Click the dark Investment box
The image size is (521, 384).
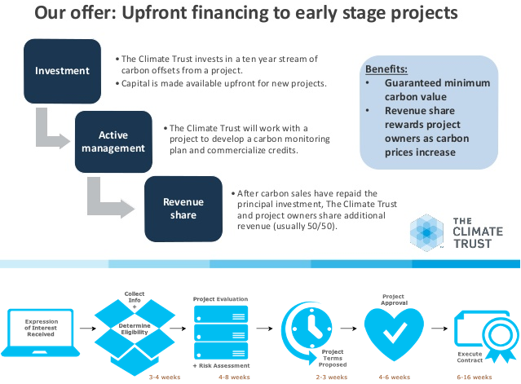point(62,71)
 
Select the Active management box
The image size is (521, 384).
point(113,142)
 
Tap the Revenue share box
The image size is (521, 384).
point(183,209)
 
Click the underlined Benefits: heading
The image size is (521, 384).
point(386,69)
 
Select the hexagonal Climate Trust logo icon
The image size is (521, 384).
point(426,232)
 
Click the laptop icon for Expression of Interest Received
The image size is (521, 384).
point(41,333)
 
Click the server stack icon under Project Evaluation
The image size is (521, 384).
point(221,333)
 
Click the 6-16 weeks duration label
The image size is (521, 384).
point(475,377)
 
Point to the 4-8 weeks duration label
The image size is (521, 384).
point(234,377)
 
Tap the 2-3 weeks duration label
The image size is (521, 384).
point(332,377)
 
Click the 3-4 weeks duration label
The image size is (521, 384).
point(165,377)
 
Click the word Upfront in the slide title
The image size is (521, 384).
point(154,13)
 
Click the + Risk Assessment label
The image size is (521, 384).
point(221,365)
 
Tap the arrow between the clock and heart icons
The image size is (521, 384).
point(348,329)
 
